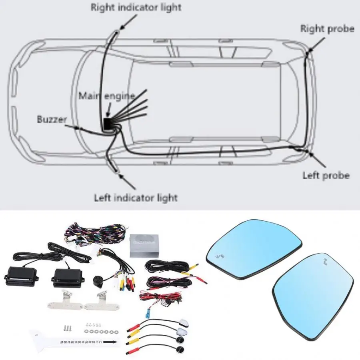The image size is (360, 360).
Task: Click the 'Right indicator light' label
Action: [136, 7]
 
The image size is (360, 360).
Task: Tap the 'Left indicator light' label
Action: [136, 197]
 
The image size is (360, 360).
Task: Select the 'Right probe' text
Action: [327, 28]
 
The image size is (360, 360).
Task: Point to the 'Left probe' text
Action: [326, 175]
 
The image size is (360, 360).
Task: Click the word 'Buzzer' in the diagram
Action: [52, 119]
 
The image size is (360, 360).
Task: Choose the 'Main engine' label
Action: [106, 96]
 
